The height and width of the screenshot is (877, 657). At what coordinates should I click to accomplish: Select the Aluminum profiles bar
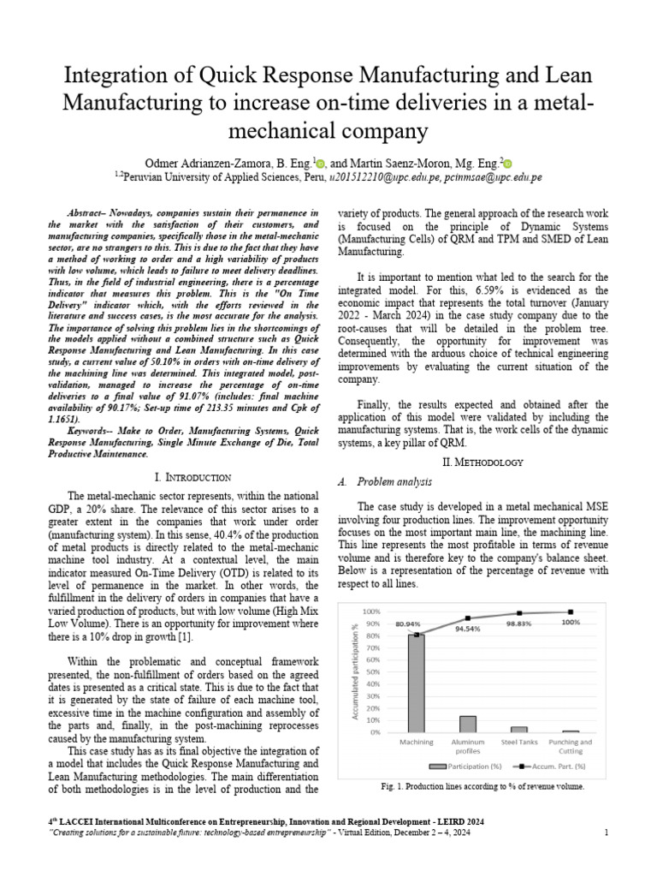point(468,724)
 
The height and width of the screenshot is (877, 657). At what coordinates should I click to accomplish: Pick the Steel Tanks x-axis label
point(519,742)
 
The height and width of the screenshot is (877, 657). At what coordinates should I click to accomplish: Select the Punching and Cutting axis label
point(571,746)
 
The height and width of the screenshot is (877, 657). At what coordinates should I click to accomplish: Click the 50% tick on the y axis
point(371,672)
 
